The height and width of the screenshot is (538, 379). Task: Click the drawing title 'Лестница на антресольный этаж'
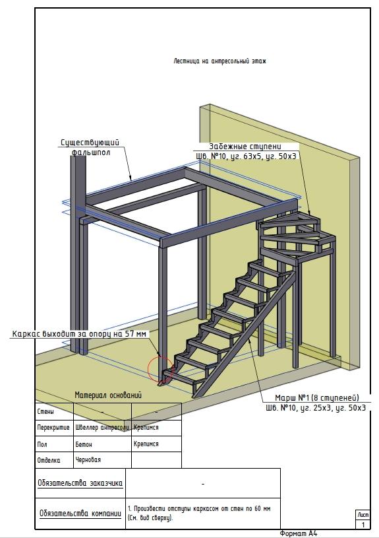[x=219, y=61]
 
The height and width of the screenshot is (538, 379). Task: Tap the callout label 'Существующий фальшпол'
[x=90, y=147]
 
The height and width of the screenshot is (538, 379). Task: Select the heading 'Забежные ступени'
[x=245, y=147]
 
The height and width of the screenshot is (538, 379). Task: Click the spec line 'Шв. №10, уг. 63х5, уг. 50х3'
[x=246, y=156]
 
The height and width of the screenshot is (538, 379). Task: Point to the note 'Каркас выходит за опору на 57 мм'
[x=79, y=334]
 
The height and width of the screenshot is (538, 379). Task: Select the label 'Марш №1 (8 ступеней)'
[x=317, y=397]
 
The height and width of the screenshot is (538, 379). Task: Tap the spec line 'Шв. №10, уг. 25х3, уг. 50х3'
[x=316, y=407]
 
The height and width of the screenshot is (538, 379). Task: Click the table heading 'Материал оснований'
[x=108, y=395]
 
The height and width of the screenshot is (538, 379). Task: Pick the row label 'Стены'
[x=45, y=411]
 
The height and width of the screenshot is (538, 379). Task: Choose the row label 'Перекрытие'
[x=53, y=428]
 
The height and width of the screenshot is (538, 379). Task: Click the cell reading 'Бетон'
[x=84, y=444]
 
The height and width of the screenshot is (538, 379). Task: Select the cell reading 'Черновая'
[x=88, y=459]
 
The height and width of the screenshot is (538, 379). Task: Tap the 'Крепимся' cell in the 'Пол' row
[x=146, y=444]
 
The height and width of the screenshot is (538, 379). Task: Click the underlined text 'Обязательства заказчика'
[x=80, y=483]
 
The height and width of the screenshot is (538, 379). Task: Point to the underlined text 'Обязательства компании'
[x=80, y=514]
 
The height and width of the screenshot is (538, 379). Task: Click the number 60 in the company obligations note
[x=258, y=508]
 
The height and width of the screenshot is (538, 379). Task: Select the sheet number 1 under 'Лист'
[x=363, y=525]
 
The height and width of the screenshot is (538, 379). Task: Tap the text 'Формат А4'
[x=299, y=533]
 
